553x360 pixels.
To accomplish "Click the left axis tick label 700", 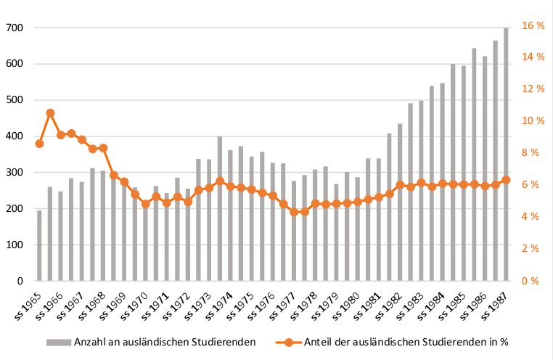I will pos(14,28).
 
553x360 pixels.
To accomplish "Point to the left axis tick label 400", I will pos(14,136).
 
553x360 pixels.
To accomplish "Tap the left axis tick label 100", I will pos(14,245).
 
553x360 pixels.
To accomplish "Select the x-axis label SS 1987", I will pos(493,304).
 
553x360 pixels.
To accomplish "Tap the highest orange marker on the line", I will pos(50,113).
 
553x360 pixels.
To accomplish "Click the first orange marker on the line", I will pos(39,144).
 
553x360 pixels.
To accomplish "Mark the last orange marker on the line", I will pos(506,180).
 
